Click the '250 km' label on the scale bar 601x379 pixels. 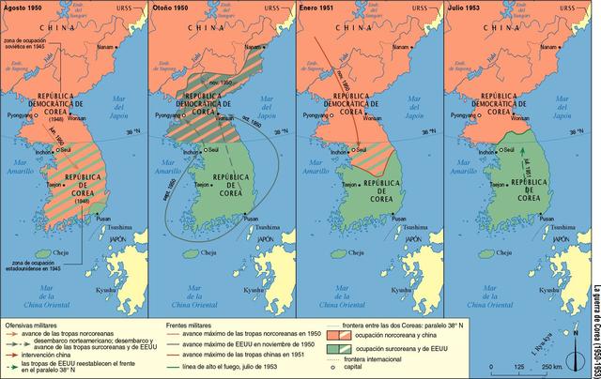point(551,366)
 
